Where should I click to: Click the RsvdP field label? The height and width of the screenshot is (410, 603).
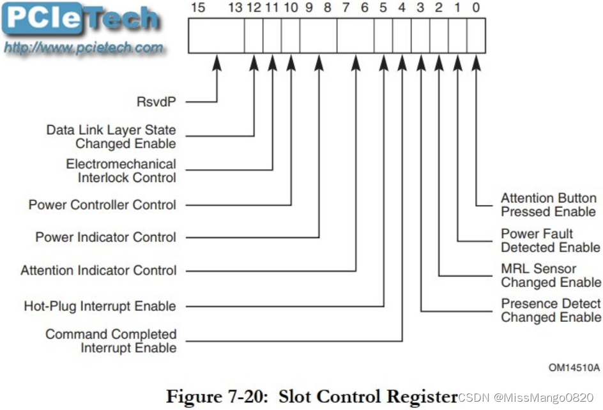pyautogui.click(x=156, y=101)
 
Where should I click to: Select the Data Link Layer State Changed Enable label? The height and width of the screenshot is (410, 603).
pyautogui.click(x=111, y=137)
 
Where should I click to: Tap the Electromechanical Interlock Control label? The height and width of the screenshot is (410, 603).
pyautogui.click(x=121, y=171)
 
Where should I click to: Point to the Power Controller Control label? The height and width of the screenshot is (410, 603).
pyautogui.click(x=102, y=205)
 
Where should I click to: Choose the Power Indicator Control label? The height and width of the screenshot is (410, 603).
pyautogui.click(x=105, y=238)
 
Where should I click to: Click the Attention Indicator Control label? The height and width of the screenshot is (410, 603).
pyautogui.click(x=98, y=271)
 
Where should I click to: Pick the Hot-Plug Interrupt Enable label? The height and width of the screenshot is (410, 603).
pyautogui.click(x=100, y=307)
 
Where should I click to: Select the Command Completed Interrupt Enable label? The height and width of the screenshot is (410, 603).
pyautogui.click(x=111, y=341)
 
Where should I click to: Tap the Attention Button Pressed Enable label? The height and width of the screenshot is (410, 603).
pyautogui.click(x=548, y=205)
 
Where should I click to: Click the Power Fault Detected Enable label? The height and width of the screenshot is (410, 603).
pyautogui.click(x=550, y=240)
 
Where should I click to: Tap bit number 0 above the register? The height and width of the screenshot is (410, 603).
pyautogui.click(x=476, y=8)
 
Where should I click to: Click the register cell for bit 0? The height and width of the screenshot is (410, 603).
pyautogui.click(x=476, y=36)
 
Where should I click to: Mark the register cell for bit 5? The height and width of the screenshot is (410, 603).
pyautogui.click(x=383, y=36)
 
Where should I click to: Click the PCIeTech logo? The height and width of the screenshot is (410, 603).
pyautogui.click(x=81, y=20)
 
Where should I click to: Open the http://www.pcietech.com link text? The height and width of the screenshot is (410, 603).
pyautogui.click(x=84, y=48)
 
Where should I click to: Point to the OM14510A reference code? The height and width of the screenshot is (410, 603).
pyautogui.click(x=574, y=367)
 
